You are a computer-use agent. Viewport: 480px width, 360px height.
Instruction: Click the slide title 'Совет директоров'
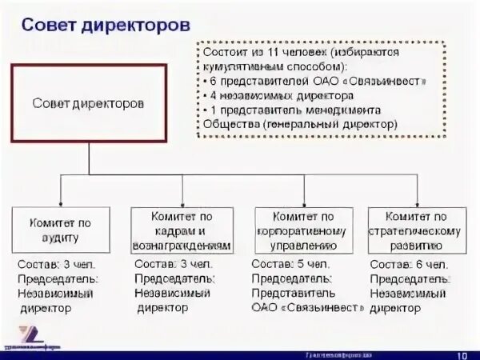point(106,25)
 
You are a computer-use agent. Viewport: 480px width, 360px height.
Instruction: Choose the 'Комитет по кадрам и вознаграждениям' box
point(182,231)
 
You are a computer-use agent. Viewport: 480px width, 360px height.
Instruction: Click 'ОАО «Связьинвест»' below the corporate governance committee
point(303,308)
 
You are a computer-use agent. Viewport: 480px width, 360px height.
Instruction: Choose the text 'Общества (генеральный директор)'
point(300,125)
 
